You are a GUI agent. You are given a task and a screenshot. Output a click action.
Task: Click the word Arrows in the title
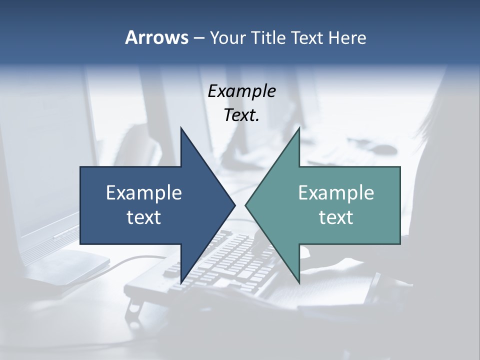(156, 37)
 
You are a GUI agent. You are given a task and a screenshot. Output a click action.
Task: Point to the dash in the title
(198, 38)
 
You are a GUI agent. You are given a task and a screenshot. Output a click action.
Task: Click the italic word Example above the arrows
(241, 91)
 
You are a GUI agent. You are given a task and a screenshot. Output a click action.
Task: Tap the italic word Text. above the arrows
(241, 115)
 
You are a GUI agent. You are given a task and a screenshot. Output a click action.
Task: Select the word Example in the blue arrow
(144, 192)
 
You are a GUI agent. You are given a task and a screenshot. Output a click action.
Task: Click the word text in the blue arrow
(144, 217)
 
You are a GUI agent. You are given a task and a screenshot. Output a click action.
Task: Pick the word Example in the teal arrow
(336, 192)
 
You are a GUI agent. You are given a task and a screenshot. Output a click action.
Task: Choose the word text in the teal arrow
(336, 217)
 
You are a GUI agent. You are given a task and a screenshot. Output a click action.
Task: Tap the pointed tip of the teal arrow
(246, 205)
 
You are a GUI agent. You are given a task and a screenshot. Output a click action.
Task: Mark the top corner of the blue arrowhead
(181, 128)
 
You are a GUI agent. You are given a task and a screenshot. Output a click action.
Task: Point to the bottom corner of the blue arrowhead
(181, 282)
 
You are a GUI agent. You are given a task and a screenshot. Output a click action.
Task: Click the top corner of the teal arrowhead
(299, 128)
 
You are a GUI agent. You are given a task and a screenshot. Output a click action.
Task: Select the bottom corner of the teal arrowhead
(299, 282)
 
